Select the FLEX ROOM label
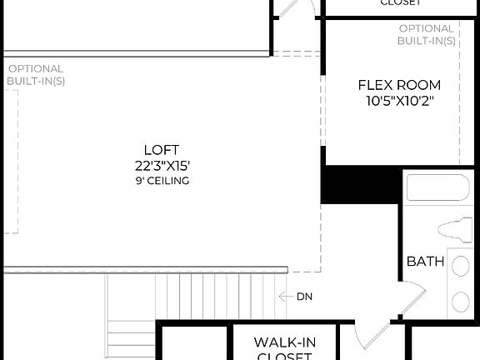399,85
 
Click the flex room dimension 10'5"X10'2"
399,101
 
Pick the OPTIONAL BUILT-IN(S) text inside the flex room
427,34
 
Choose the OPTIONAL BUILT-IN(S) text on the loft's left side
35,75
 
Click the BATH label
425,262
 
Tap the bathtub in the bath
437,187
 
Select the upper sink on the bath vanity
459,266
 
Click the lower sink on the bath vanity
459,300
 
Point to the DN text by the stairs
305,297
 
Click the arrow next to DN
285,297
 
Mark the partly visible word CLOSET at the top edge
399,2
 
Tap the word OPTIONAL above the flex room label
427,28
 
